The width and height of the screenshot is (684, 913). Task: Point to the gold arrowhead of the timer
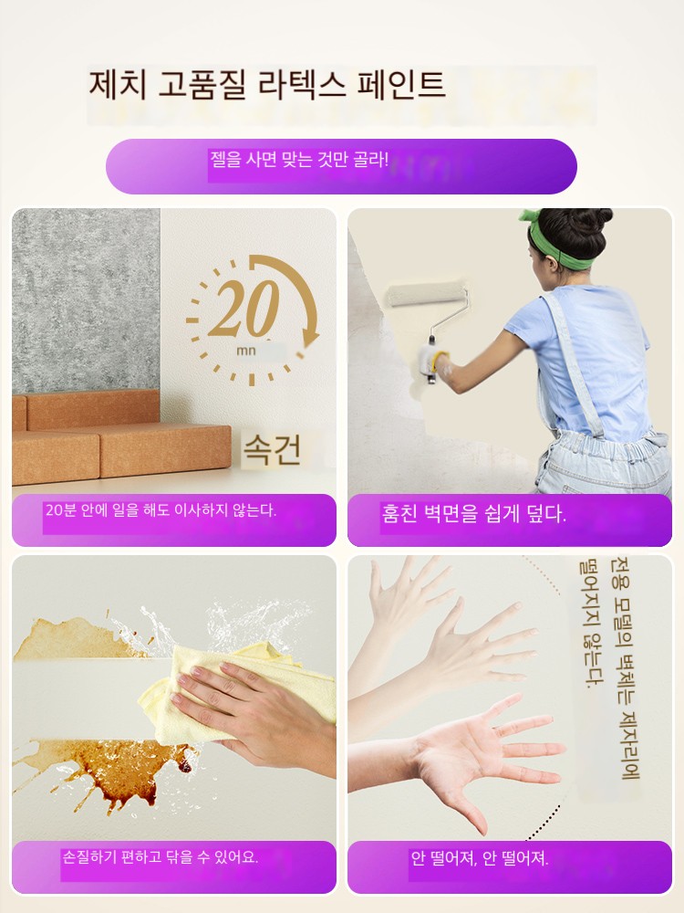(x=312, y=337)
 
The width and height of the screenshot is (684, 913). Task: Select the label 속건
(x=272, y=449)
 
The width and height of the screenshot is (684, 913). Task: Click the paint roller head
(x=427, y=295)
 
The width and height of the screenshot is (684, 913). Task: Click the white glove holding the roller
(x=433, y=363)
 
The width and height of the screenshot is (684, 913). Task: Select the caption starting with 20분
(x=161, y=510)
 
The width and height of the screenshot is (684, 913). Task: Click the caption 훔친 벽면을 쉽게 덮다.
(x=473, y=513)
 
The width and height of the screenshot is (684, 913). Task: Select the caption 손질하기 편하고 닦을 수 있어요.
(x=160, y=857)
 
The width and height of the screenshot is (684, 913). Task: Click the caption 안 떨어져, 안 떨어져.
(x=480, y=858)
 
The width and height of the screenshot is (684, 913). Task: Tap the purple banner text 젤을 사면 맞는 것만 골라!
(x=299, y=159)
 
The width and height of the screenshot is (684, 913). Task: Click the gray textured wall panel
(x=86, y=300)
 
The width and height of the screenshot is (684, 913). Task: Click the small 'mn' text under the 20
(x=246, y=352)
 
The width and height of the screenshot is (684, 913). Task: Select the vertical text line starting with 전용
(x=624, y=668)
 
